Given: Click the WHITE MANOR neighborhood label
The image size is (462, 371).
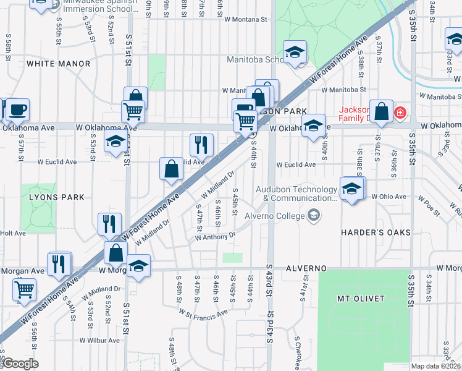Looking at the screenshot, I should point(51,64).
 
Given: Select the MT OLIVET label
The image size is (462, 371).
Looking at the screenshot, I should point(361,299).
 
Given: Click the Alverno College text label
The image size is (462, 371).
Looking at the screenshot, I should point(275,216).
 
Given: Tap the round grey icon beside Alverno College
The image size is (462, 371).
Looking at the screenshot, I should point(314,215).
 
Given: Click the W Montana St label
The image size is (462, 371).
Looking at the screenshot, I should point(245,19).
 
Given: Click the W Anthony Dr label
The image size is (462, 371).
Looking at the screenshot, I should point(216,236).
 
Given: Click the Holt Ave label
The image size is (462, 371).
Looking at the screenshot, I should point(13,233).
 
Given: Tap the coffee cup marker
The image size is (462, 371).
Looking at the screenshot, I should point(17,110).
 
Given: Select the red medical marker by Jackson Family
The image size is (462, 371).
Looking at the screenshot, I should point(400,113).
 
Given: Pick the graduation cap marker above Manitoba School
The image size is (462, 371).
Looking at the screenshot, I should point(295,53).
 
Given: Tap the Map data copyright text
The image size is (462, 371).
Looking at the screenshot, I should point(436,366).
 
